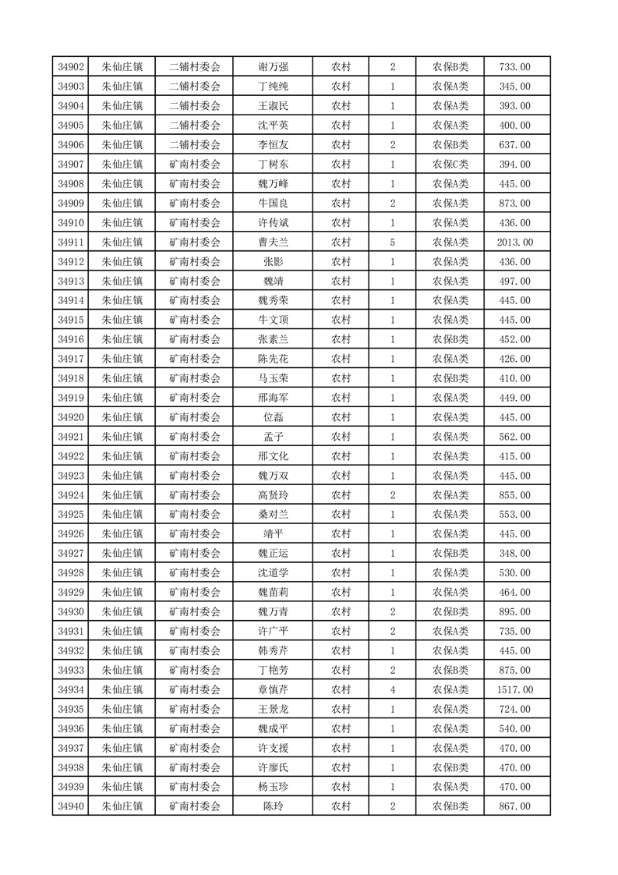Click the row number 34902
coord(71,67)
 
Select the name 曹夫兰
coord(273,243)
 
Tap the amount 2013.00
coord(514,243)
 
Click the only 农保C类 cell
coord(450,165)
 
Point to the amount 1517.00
coord(514,689)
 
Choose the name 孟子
coord(273,437)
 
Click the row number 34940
coord(71,806)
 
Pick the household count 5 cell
coord(392,243)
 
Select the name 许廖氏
coord(273,767)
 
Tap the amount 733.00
coord(514,67)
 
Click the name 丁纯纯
coord(273,87)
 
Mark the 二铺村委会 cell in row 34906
coord(195,145)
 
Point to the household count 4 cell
coord(392,689)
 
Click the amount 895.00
coord(514,612)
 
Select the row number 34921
coord(71,437)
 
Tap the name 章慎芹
coord(273,689)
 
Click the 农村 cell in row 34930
coord(341,612)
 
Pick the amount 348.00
coord(514,554)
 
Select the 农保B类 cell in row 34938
coord(450,767)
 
